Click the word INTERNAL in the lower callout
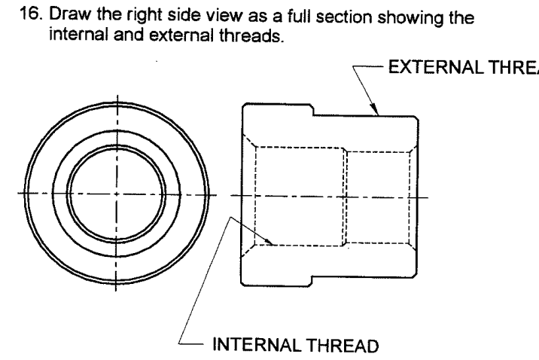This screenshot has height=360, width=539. [x=251, y=347]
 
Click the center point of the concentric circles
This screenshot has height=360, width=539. [x=117, y=194]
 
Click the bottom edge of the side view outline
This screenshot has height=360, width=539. [x=331, y=285]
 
